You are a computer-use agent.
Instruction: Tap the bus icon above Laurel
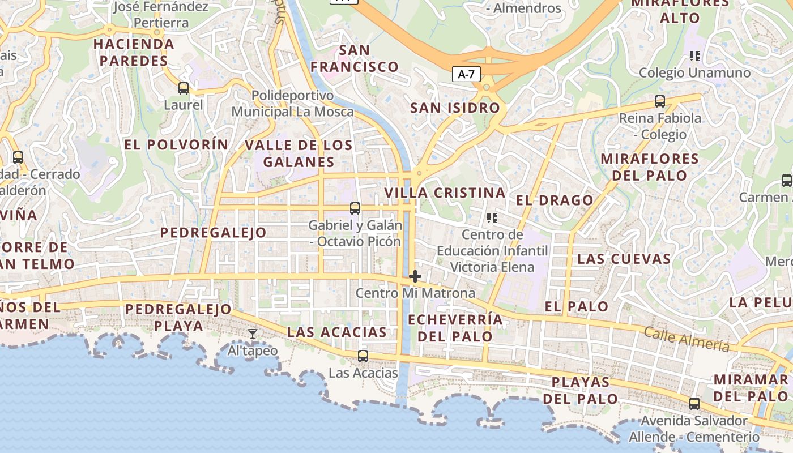coord(184,88)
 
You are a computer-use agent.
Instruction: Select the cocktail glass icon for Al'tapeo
coord(253,334)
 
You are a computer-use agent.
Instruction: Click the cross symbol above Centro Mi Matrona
coord(415,276)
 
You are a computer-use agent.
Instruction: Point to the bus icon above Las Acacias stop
coord(363,356)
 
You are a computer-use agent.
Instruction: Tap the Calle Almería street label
coord(687,339)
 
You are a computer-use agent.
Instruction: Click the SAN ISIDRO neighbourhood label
coord(455,108)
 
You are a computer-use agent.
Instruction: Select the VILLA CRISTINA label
coord(445,193)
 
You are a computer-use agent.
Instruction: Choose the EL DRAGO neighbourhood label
coord(555,200)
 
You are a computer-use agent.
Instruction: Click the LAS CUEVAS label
coord(624,259)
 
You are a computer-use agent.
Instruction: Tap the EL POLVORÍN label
coord(176,144)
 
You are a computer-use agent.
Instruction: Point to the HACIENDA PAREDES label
coord(134,52)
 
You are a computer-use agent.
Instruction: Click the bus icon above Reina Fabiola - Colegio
coord(660,101)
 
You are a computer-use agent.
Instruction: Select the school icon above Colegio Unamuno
coord(695,56)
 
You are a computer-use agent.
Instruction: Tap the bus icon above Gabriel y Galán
coord(355,208)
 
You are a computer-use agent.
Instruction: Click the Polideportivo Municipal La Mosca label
coord(292,103)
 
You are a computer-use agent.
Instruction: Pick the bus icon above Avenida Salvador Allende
coord(694,404)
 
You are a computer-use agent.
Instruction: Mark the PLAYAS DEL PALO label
coord(580,390)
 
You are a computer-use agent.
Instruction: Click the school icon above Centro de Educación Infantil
coord(492,217)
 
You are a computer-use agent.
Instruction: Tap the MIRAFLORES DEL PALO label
coord(650,166)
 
